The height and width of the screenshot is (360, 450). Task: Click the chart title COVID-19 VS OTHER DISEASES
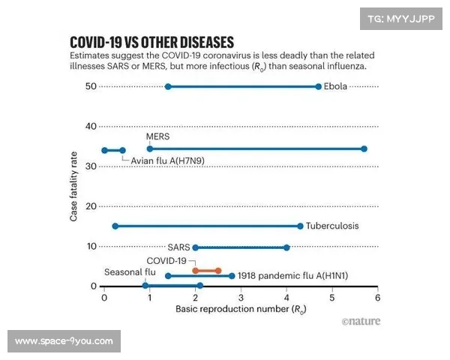click(151, 41)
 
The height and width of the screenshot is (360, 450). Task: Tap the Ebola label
click(335, 86)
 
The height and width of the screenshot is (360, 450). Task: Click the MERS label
click(158, 136)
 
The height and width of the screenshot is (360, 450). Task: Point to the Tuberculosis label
click(332, 226)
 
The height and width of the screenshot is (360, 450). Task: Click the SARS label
click(178, 247)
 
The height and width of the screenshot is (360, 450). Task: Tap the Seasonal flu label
click(130, 272)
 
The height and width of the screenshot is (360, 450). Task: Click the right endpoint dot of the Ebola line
click(319, 86)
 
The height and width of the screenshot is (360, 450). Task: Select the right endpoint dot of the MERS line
click(364, 148)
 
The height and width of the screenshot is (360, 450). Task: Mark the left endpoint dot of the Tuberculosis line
click(115, 226)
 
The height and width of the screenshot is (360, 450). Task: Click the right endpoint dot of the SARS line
click(286, 247)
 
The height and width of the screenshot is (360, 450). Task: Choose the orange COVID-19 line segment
click(207, 270)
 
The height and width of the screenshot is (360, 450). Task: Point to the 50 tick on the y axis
click(91, 86)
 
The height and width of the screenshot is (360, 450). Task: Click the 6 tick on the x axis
click(377, 298)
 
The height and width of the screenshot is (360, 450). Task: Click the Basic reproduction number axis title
click(241, 309)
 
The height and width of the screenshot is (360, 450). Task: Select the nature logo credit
click(361, 321)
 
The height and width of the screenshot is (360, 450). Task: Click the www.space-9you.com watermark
click(64, 341)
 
